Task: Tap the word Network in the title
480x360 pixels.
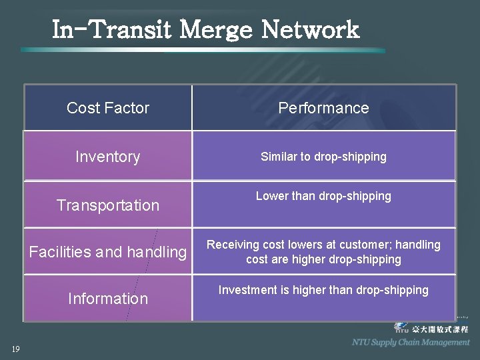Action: (310, 30)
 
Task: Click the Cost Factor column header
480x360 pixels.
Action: (108, 108)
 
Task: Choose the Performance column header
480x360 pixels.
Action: (323, 108)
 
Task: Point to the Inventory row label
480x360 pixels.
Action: (108, 157)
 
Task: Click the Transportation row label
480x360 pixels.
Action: (108, 205)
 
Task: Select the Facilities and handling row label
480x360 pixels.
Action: (108, 252)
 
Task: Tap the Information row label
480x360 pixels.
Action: (108, 299)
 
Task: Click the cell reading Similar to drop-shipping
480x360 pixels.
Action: (323, 157)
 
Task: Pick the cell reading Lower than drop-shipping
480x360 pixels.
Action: (323, 196)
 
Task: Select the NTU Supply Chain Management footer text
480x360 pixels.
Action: (411, 343)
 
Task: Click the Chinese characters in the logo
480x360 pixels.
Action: (440, 329)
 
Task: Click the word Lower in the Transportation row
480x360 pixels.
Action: (272, 196)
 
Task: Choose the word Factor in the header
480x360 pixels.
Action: (127, 108)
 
